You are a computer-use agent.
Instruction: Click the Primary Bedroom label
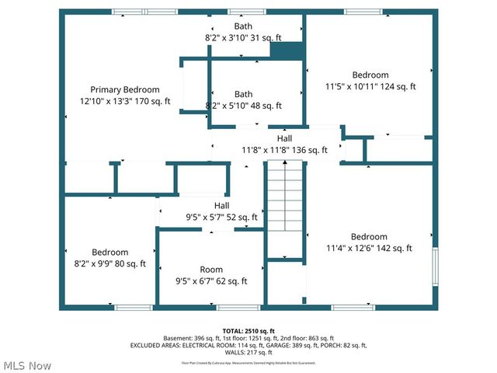point(124,89)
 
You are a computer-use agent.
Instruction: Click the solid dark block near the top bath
point(285,51)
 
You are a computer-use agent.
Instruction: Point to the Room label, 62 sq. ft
point(211,270)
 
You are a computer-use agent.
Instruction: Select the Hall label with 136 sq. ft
point(284,138)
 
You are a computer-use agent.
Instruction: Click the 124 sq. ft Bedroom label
point(370,75)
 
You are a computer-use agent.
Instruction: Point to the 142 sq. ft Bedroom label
point(368,237)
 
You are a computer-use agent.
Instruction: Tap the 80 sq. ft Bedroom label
point(109,253)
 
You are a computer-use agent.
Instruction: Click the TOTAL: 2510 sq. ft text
point(248,331)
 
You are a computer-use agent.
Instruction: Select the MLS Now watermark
point(28,365)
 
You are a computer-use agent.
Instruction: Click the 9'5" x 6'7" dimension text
point(195,281)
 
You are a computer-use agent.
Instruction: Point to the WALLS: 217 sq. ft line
point(248,352)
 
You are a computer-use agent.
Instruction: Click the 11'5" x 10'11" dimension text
point(351,87)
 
